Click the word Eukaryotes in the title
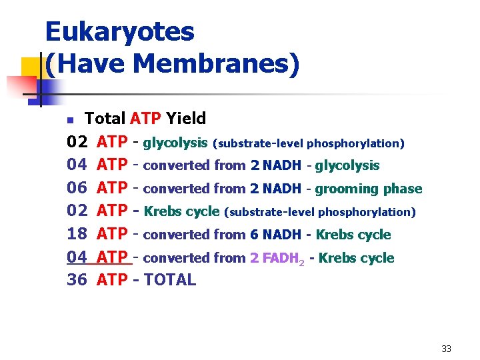[x=119, y=32]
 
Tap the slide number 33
[x=446, y=349]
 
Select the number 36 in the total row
[x=77, y=280]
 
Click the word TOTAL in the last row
[x=170, y=280]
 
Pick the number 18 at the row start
[x=77, y=234]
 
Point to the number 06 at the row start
[x=77, y=189]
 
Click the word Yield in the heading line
[x=186, y=119]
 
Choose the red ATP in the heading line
[x=145, y=119]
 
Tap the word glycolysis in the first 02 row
[x=175, y=143]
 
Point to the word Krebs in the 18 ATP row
[x=334, y=235]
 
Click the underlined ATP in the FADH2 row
[x=111, y=257]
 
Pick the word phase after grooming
[x=403, y=189]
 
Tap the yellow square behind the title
[x=30, y=67]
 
